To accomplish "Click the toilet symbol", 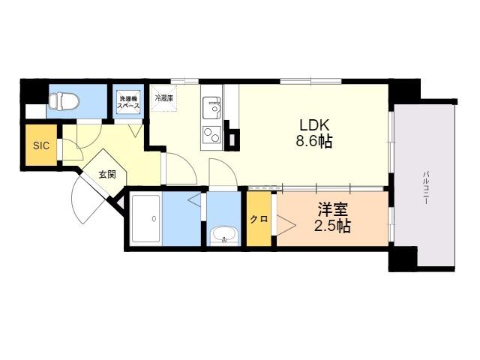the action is [x=63, y=101].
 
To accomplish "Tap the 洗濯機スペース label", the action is [x=129, y=102].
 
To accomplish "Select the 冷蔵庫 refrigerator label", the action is [x=164, y=98].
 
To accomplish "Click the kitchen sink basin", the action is [x=211, y=108].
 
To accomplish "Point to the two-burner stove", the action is [x=211, y=134].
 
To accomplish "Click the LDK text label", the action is [x=314, y=125].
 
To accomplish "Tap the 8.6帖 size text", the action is [x=314, y=141].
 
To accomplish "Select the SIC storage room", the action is [x=41, y=145].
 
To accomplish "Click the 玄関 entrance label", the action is [x=107, y=175].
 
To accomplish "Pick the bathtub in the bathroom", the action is [x=145, y=218].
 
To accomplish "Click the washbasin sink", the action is [x=224, y=235].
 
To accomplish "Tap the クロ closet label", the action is [x=259, y=219].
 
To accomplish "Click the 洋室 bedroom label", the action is [x=332, y=210].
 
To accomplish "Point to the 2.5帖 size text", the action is [x=332, y=226].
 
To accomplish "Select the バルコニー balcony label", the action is [x=426, y=187].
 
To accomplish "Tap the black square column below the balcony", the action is [x=403, y=259].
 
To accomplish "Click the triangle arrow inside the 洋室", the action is [x=286, y=226].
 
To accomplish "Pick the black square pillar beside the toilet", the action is [x=34, y=91].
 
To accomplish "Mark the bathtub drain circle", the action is [x=154, y=218].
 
